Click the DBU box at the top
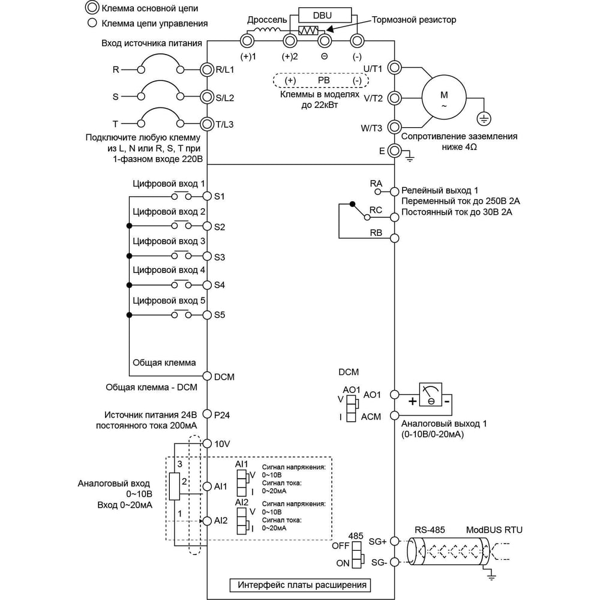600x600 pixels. click(x=325, y=16)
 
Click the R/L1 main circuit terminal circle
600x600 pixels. click(x=206, y=70)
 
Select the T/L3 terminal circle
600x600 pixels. click(x=206, y=124)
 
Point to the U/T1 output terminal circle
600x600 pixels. click(x=395, y=68)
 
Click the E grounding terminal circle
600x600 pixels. click(x=395, y=151)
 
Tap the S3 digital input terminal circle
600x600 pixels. click(x=207, y=256)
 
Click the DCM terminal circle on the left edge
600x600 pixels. click(x=207, y=376)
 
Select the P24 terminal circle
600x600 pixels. click(x=207, y=414)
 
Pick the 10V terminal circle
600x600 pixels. click(x=207, y=443)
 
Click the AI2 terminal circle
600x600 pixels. click(x=207, y=521)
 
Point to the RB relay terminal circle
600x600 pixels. click(x=395, y=238)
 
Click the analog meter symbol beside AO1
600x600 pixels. click(x=430, y=395)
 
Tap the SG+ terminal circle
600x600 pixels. click(x=395, y=541)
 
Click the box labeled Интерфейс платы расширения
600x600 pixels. click(x=301, y=585)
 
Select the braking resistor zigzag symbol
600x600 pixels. click(x=308, y=30)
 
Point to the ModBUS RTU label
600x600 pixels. click(x=494, y=530)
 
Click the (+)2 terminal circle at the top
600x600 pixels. click(x=290, y=40)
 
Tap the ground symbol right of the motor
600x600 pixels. click(x=484, y=119)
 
